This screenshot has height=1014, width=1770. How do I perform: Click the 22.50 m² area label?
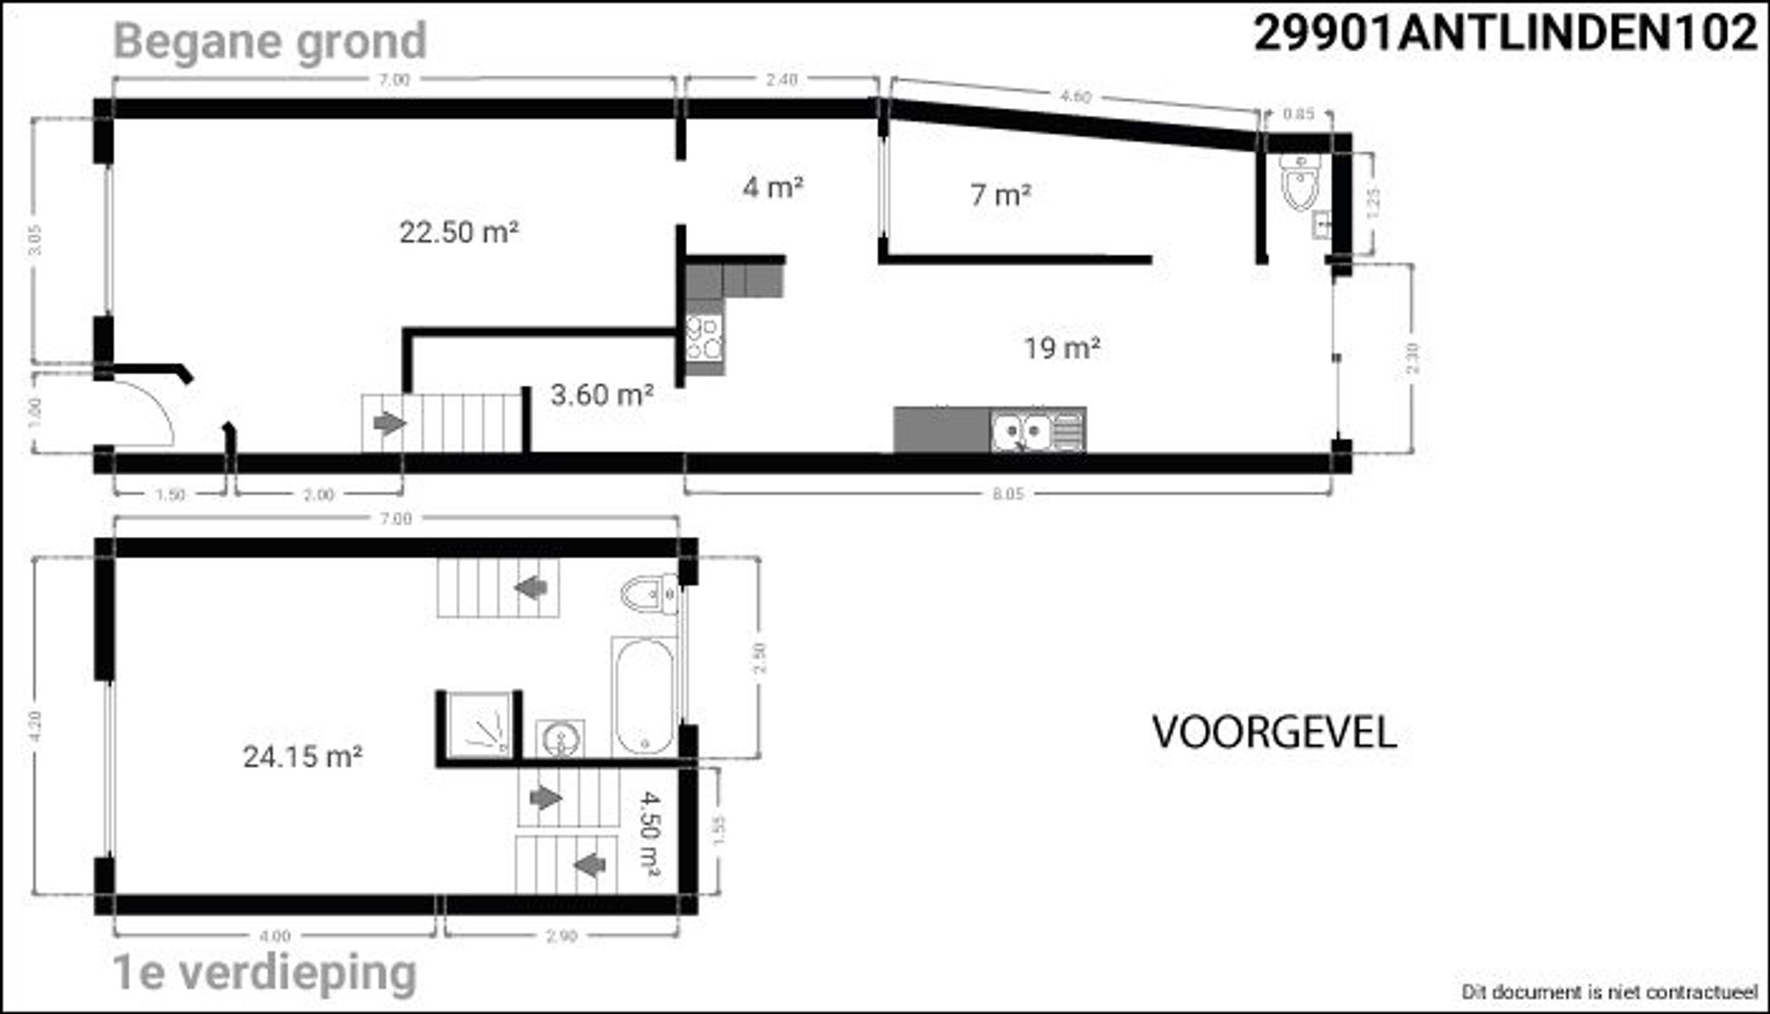tap(459, 233)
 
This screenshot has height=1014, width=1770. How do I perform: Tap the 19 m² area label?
tap(1061, 348)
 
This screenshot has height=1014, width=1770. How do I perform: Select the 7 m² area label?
tap(1000, 195)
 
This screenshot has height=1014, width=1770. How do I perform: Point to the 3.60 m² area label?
tap(602, 395)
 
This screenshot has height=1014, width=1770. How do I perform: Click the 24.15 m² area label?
tap(302, 757)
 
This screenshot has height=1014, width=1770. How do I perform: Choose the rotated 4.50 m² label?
tap(650, 836)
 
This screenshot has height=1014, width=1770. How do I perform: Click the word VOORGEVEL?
tap(1274, 733)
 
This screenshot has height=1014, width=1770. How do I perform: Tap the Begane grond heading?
tap(271, 41)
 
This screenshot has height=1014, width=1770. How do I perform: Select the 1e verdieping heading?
tap(265, 973)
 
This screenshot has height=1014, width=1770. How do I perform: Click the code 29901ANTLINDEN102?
tap(1506, 35)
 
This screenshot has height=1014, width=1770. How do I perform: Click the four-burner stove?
tap(704, 338)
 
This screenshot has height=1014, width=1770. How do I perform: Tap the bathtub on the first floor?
tap(645, 696)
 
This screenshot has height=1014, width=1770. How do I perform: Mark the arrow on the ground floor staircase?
tap(390, 424)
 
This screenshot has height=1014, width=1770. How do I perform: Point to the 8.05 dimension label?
tap(1008, 494)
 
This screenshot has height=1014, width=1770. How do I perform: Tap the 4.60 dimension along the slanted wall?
tap(1074, 97)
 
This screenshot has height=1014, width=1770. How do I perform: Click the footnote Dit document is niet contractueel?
tap(1609, 991)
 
